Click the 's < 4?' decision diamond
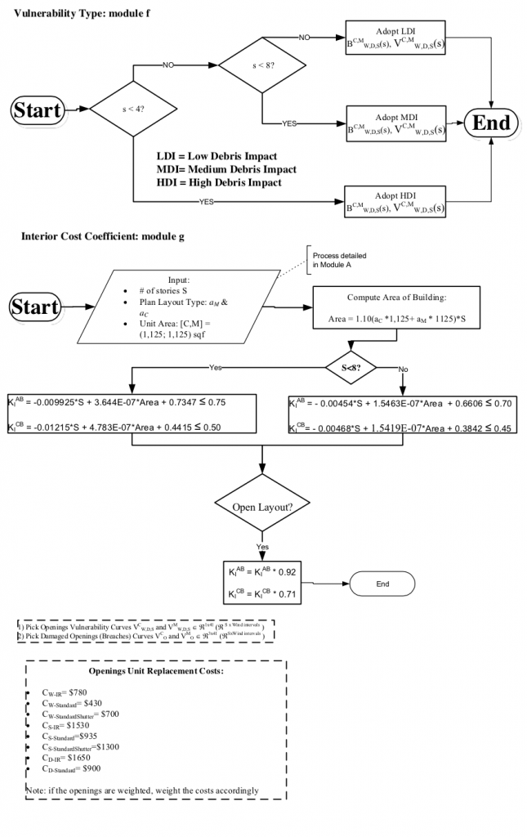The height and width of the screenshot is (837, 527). coord(133,108)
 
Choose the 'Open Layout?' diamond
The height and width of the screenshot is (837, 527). coord(262,507)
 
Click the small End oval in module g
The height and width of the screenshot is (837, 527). coord(382,584)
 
